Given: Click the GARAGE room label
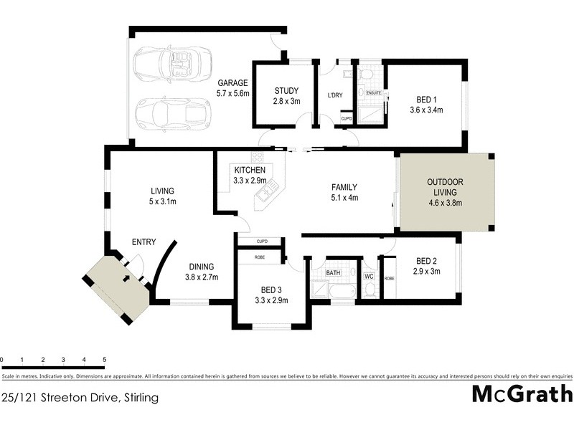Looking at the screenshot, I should tap(232, 83).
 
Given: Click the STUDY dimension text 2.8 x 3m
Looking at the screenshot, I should tap(286, 101).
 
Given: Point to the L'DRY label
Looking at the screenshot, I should tap(334, 95).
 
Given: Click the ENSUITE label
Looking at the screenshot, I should tap(374, 93).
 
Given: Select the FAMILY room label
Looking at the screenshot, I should tap(344, 188).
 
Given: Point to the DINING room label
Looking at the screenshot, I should tap(202, 267).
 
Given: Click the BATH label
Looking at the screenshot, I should tap(333, 273).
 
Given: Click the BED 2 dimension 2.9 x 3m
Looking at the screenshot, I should tap(426, 271).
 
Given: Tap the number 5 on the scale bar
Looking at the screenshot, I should tap(105, 360).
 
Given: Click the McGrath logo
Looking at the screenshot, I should tap(522, 394).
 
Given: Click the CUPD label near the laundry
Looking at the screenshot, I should tap(346, 118).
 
